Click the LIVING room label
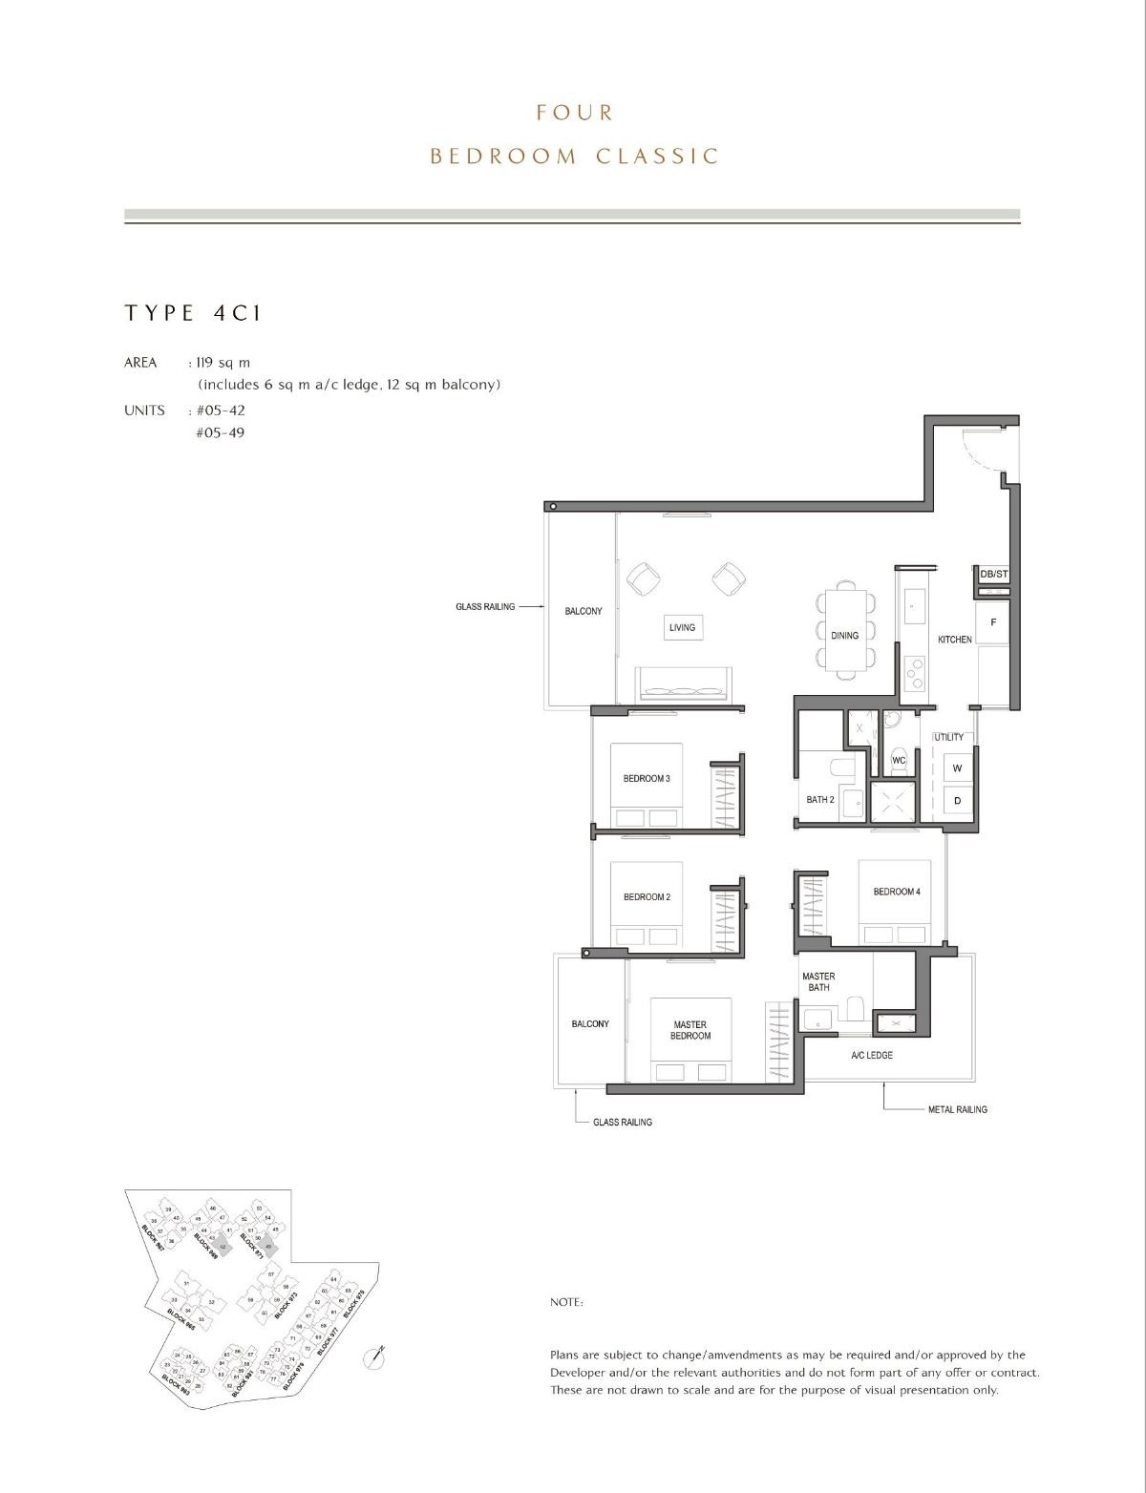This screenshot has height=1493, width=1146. tap(682, 627)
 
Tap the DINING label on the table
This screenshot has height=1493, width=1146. tap(844, 636)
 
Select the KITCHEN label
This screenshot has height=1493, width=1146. tap(954, 640)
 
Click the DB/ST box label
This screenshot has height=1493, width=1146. tap(993, 575)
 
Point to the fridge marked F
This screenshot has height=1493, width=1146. tap(993, 622)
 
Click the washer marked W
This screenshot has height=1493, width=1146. tap(957, 768)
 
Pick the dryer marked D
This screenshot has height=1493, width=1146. tap(957, 801)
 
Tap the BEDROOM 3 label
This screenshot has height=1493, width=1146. tap(647, 779)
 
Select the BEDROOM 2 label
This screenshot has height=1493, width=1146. tap(647, 897)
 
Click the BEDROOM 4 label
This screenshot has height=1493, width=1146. tap(897, 892)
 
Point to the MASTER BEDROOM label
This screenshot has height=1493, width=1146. tap(690, 1030)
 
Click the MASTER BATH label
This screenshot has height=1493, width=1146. tap(818, 981)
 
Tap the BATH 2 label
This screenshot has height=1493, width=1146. tap(820, 800)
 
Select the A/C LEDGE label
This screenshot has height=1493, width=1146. tap(872, 1055)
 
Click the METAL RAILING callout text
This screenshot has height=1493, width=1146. tap(957, 1109)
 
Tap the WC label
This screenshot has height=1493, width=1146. tap(898, 761)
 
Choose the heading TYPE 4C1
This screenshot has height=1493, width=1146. tap(193, 313)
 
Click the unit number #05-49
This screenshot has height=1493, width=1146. tap(220, 432)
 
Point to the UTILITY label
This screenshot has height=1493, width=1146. tap(949, 737)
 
